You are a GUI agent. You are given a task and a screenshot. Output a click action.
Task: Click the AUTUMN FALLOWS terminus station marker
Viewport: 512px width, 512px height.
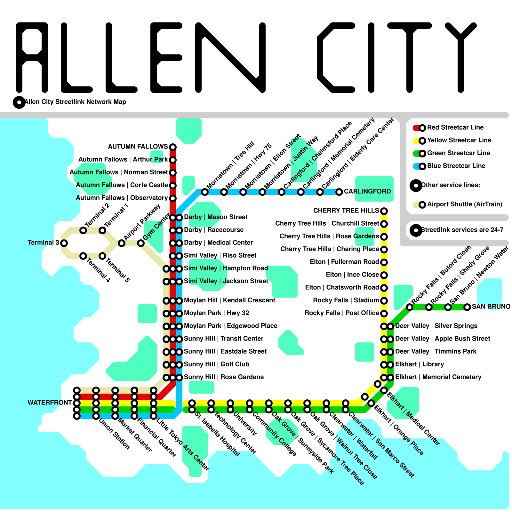[x=173, y=147]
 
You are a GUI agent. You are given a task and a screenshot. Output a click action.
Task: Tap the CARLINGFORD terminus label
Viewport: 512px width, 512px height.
[x=367, y=191]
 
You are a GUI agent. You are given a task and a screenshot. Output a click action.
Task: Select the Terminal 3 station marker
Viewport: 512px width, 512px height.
[x=64, y=243]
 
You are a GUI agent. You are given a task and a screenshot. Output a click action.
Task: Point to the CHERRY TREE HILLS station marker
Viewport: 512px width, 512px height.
[x=384, y=211]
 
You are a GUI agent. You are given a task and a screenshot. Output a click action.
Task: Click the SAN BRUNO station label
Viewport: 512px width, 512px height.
[x=491, y=307]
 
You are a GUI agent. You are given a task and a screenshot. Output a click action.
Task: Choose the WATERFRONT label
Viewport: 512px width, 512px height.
[x=50, y=403]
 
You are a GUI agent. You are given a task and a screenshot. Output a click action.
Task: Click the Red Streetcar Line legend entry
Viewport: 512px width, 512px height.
[x=455, y=127]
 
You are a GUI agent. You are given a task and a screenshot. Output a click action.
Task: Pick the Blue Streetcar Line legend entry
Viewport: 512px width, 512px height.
[x=456, y=166]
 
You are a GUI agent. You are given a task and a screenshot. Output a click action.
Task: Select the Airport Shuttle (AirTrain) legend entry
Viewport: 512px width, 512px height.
[x=464, y=204]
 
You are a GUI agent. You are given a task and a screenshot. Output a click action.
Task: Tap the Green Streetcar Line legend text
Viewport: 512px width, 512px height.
[x=458, y=153]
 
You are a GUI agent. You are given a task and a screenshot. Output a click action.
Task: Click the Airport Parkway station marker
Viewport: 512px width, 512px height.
[x=122, y=243]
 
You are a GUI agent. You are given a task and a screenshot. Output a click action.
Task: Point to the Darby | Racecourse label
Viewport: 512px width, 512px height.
[x=213, y=230]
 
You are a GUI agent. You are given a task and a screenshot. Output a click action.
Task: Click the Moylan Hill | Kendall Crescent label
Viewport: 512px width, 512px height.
[x=229, y=300]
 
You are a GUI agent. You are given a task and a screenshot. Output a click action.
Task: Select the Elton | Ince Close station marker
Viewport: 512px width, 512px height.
[x=384, y=275]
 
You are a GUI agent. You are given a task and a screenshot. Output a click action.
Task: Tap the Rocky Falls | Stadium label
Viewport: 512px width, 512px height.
[x=346, y=300]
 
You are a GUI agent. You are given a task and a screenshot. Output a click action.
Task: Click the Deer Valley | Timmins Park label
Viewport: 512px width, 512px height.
[x=436, y=351]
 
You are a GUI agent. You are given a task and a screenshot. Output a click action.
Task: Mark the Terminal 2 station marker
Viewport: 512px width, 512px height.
[x=83, y=230]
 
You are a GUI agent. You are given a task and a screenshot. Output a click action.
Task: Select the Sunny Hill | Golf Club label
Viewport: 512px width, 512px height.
[x=216, y=364]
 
